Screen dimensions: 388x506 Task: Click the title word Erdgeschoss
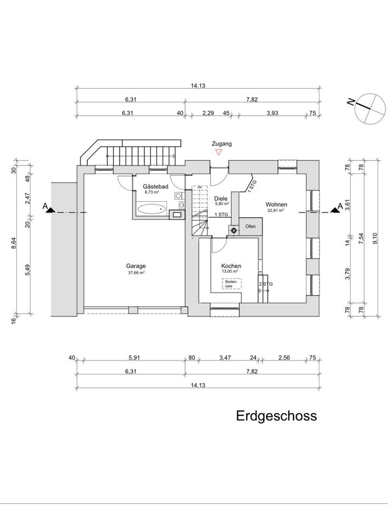(x=276, y=415)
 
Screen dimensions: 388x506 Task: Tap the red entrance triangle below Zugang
(x=218, y=152)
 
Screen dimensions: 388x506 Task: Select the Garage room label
(x=136, y=266)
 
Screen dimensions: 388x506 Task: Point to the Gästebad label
(x=156, y=187)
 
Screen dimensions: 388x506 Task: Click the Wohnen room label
(x=276, y=204)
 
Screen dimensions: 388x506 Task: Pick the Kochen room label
(x=231, y=266)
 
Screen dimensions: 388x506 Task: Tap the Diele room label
(x=221, y=198)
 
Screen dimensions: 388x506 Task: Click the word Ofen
(x=250, y=227)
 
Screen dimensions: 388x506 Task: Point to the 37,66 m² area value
(x=136, y=273)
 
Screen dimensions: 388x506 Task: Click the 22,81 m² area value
(x=276, y=210)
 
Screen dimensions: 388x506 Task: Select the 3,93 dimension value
(x=272, y=113)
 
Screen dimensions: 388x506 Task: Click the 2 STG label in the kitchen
(x=266, y=284)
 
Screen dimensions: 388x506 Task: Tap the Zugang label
(x=221, y=143)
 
